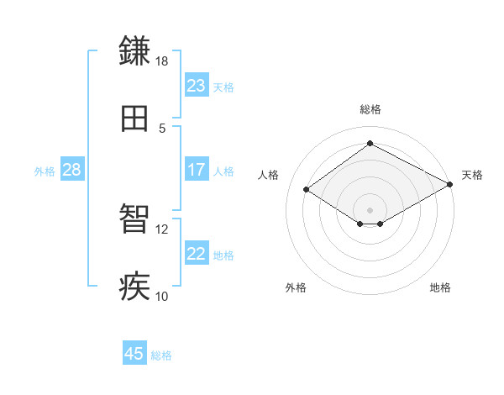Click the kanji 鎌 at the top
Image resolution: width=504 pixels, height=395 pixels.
point(135,51)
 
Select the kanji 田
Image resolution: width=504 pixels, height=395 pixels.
point(135,119)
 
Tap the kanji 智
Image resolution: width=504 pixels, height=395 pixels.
point(135,220)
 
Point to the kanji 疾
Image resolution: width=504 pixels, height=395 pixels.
point(135,287)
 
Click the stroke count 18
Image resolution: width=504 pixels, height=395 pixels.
point(162,61)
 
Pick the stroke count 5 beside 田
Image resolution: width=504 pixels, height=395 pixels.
point(162,128)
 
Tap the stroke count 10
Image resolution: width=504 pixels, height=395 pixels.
point(162,296)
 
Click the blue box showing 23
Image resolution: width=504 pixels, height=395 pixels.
point(197,86)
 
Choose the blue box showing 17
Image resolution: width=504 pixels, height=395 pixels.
point(197,170)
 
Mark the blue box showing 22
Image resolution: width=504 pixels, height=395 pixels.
point(197,254)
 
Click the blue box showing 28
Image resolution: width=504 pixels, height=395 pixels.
point(72,170)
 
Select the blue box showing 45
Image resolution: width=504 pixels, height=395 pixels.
point(134,354)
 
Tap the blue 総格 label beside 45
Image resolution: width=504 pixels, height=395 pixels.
point(161,355)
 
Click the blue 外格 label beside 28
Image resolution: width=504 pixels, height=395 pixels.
point(45,171)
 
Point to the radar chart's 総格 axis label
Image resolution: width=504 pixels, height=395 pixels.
point(370,109)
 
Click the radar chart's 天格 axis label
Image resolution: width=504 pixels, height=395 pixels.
point(472,175)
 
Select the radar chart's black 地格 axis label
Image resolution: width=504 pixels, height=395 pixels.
point(440,287)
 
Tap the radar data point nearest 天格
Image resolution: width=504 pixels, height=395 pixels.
point(451,185)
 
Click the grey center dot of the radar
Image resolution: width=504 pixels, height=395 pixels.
point(370,209)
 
